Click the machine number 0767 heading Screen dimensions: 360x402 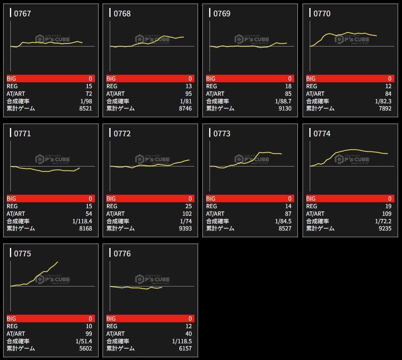tap(22, 14)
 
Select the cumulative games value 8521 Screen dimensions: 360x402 tap(85, 108)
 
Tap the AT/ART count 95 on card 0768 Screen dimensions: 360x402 tap(188, 94)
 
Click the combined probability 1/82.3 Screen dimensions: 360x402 tap(383, 101)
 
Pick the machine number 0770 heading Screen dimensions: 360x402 tap(322, 14)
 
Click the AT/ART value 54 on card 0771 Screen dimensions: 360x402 tap(88, 214)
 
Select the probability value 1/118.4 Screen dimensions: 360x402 tap(82, 221)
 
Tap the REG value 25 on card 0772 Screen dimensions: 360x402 tap(188, 206)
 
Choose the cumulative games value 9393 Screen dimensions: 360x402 tap(185, 228)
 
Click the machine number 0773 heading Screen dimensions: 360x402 tap(222, 134)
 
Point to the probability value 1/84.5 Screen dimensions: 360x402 tap(283, 221)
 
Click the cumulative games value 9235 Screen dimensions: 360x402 tap(385, 228)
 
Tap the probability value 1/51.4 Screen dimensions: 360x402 tap(84, 341)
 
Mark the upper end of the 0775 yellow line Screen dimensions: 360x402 tap(58, 261)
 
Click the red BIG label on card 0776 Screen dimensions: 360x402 tap(111, 319)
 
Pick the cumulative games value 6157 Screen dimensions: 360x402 tap(185, 348)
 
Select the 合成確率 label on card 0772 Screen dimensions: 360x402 tap(118, 221)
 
